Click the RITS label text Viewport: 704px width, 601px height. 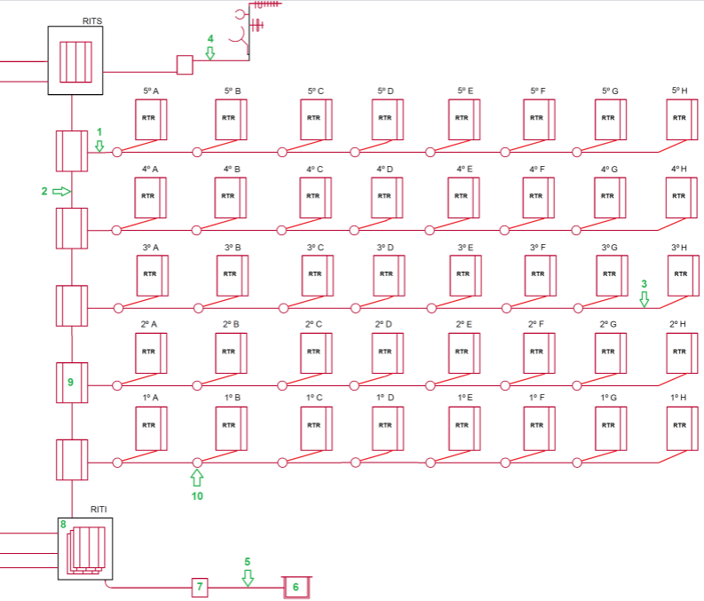(x=92, y=20)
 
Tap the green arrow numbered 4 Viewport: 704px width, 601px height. (x=210, y=53)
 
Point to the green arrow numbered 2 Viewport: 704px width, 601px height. (x=61, y=191)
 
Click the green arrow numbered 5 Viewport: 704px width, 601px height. (x=248, y=578)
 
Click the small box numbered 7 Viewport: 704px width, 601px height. (x=200, y=587)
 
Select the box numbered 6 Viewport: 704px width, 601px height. (x=297, y=587)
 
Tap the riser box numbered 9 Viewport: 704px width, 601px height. (x=71, y=382)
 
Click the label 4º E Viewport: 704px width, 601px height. (x=465, y=169)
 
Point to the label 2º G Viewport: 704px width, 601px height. (x=608, y=324)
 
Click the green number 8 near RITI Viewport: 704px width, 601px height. (x=63, y=525)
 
